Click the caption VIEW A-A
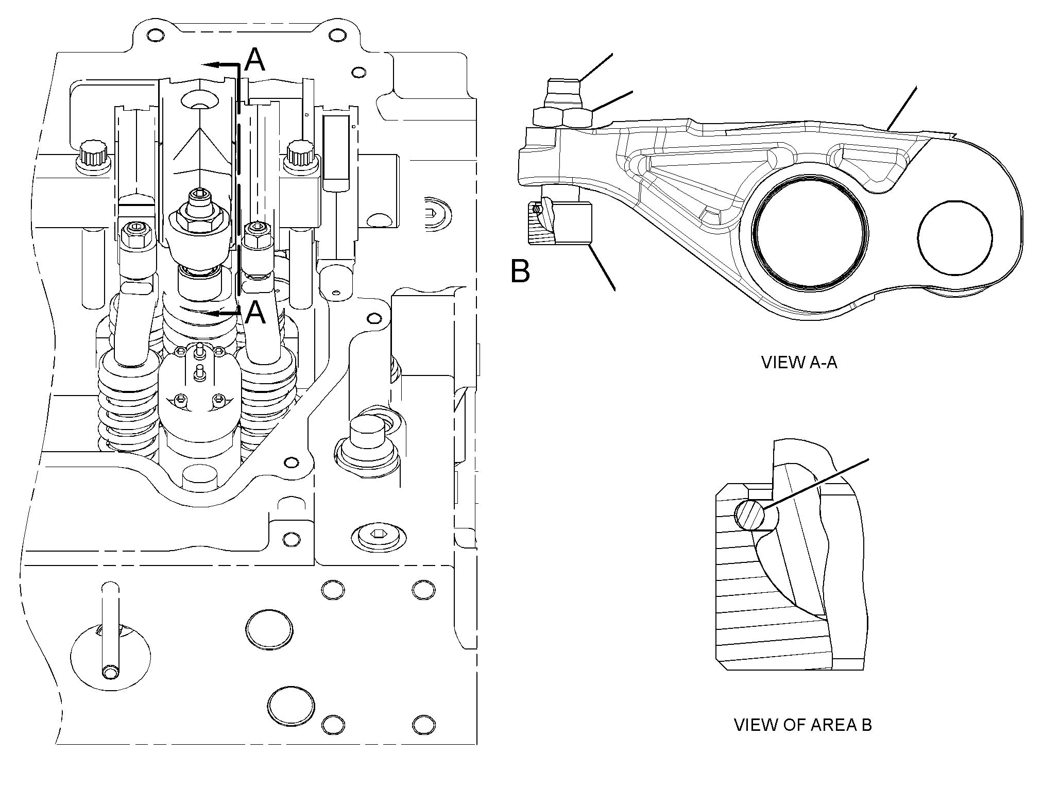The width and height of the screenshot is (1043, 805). click(x=799, y=362)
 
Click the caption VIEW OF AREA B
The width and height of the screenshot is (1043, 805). click(x=802, y=725)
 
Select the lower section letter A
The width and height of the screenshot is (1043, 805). click(x=255, y=312)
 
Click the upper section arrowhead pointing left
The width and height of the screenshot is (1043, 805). click(x=209, y=65)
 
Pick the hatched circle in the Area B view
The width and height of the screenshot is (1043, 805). click(x=749, y=516)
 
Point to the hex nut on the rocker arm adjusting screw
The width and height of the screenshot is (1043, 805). click(x=563, y=117)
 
